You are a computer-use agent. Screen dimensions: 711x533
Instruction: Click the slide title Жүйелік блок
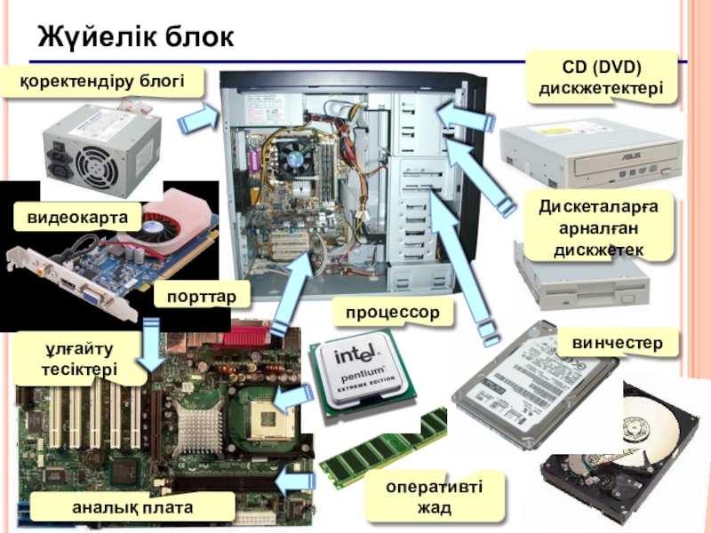coord(136,36)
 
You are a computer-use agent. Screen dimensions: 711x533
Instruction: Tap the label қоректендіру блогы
coord(102,82)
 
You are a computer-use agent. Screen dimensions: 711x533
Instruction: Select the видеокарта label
coord(77,217)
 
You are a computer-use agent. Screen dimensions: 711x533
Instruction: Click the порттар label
coord(202,297)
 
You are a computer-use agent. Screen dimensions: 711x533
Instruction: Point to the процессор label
coord(393,313)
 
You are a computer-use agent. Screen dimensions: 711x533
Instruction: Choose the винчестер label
coord(617,343)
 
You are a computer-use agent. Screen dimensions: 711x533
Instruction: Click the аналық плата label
coord(132,507)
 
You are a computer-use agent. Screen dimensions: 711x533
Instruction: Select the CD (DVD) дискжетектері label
coord(602,77)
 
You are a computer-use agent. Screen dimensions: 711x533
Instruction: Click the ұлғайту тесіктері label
coord(79,359)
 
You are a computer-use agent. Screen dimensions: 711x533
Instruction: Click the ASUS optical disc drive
coord(591,153)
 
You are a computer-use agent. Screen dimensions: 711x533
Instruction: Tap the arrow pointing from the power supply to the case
coord(198,118)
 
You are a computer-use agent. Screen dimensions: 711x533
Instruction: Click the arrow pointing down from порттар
coord(151,345)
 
